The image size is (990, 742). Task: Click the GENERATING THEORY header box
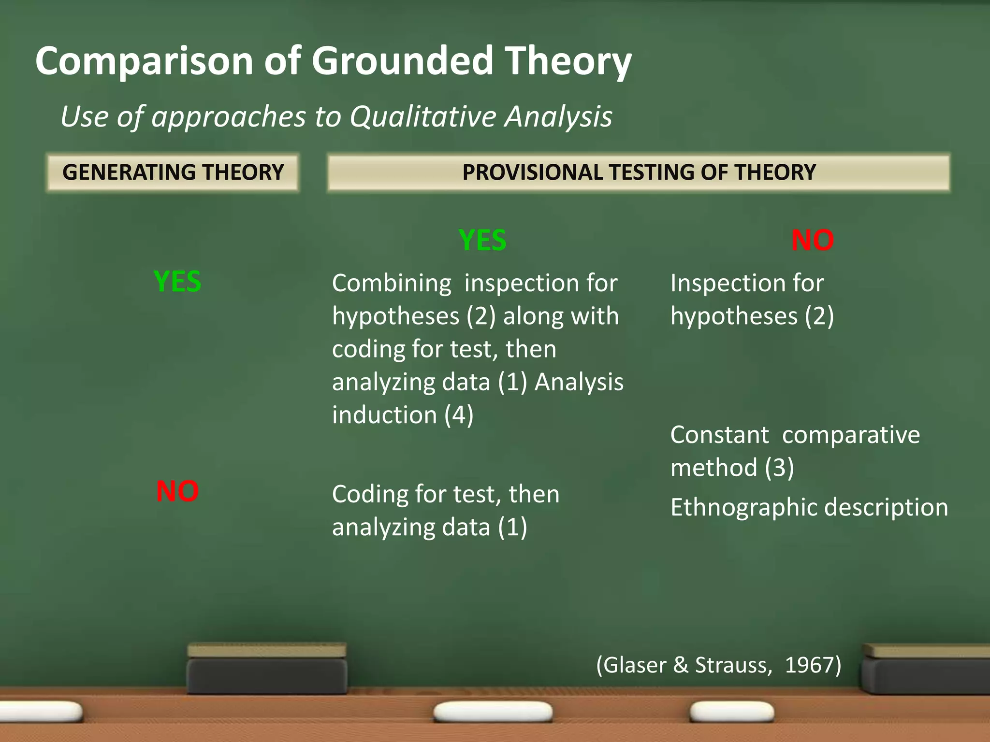[x=173, y=172]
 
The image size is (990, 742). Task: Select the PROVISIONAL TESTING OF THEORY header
[x=639, y=172]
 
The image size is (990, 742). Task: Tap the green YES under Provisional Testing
[x=482, y=240]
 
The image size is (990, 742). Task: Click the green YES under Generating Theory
[x=177, y=282]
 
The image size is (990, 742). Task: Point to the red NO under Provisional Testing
[x=812, y=240]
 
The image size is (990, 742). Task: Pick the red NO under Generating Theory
[x=177, y=492]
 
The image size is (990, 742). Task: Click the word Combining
[x=392, y=283]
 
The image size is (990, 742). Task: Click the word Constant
[x=719, y=435]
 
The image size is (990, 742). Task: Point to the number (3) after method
[x=779, y=468]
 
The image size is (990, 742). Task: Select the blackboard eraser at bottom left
[x=267, y=669]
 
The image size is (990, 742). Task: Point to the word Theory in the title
[x=568, y=62]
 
